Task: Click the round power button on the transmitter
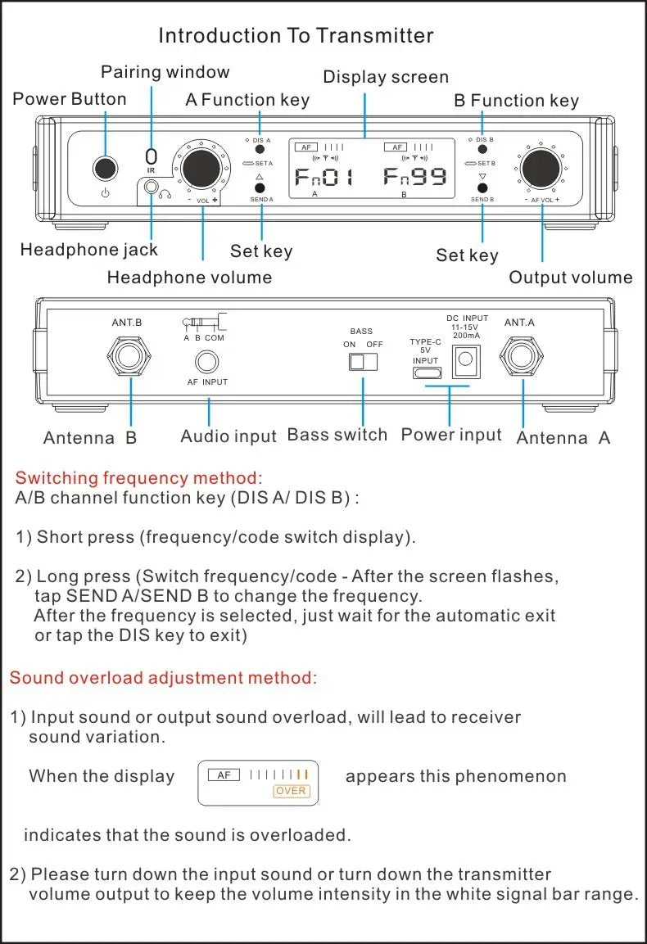(104, 168)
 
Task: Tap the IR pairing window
(151, 156)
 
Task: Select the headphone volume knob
(201, 168)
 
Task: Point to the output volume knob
(541, 168)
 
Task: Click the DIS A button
(260, 150)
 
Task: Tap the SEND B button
(482, 188)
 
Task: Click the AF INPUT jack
(207, 362)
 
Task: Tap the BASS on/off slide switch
(366, 362)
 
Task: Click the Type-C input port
(427, 373)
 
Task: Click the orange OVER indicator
(291, 791)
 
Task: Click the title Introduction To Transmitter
(296, 36)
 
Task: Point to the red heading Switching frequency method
(139, 478)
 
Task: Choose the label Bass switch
(337, 435)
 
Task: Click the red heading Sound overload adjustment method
(163, 678)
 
